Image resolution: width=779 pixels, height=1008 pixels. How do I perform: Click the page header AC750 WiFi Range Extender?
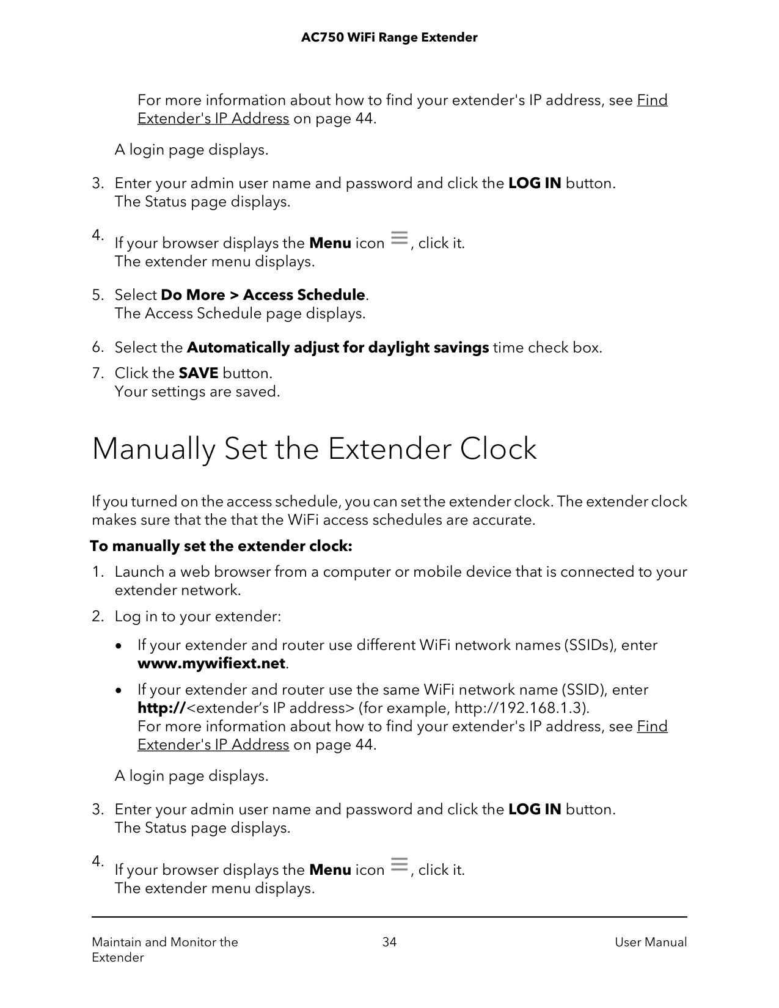389,38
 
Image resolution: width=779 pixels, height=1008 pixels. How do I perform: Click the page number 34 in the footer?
389,942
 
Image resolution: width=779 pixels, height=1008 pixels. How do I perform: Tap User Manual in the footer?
650,942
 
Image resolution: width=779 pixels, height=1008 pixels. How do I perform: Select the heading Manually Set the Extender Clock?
314,449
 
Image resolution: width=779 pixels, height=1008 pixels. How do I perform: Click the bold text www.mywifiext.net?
211,663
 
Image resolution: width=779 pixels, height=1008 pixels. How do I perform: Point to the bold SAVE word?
198,373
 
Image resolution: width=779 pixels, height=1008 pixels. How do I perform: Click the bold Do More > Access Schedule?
263,295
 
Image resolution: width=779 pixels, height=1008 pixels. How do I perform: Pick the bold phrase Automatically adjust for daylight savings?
337,348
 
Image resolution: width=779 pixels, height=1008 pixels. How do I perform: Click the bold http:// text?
161,708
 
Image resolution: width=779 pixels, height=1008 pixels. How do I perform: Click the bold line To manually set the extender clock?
221,546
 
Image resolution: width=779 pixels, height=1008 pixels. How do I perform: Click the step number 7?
97,373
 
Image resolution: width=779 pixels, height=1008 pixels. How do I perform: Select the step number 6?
97,348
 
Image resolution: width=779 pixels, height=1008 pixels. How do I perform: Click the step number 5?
97,295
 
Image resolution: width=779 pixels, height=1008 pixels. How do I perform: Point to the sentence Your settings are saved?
197,392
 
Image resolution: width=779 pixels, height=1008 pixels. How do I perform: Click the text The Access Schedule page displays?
240,313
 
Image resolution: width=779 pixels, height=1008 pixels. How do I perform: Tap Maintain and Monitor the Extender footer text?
164,949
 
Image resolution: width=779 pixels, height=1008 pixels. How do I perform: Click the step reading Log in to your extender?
197,616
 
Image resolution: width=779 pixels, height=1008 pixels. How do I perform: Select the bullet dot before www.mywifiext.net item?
125,646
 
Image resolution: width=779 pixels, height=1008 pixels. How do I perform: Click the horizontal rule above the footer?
389,917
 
